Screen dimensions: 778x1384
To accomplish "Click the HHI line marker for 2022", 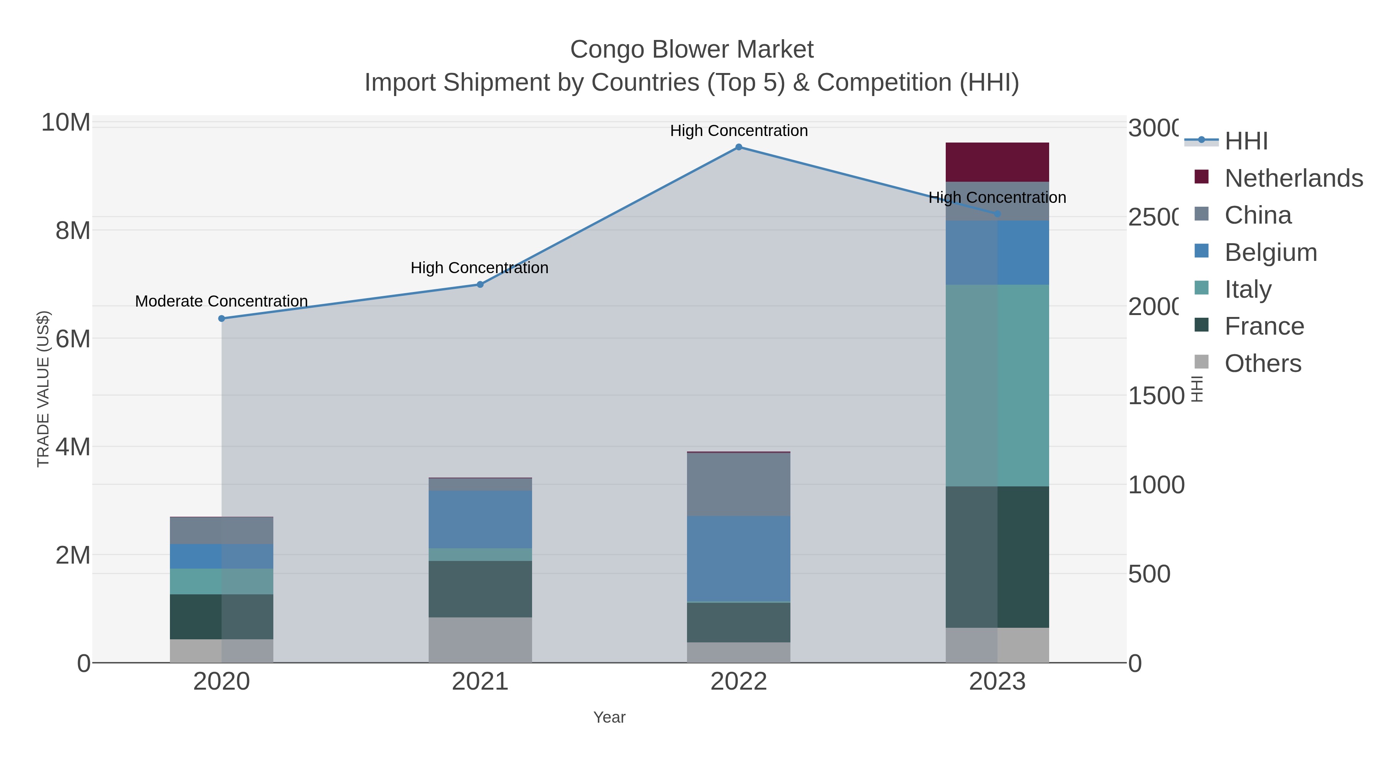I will (739, 147).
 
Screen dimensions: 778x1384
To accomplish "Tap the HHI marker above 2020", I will (221, 318).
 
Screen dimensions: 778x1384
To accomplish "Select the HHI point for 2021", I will (480, 285).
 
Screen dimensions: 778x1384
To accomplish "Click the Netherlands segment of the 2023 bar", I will (997, 162).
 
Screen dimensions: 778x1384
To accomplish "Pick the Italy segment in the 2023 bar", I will (997, 385).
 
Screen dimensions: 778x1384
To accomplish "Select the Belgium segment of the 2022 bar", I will (739, 559).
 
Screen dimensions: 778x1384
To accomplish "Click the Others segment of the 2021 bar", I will (480, 640).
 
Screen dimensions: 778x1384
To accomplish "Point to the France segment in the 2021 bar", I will (480, 589).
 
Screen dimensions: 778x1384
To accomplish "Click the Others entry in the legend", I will (1263, 363).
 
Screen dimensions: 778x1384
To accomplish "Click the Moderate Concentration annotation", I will (221, 301).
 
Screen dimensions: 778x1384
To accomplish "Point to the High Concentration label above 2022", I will (739, 131).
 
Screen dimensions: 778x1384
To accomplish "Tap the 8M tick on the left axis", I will (73, 231).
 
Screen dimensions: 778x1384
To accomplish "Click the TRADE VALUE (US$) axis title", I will (43, 389).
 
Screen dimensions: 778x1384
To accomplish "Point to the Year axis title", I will (609, 717).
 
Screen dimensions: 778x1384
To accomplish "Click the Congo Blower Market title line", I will (692, 50).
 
